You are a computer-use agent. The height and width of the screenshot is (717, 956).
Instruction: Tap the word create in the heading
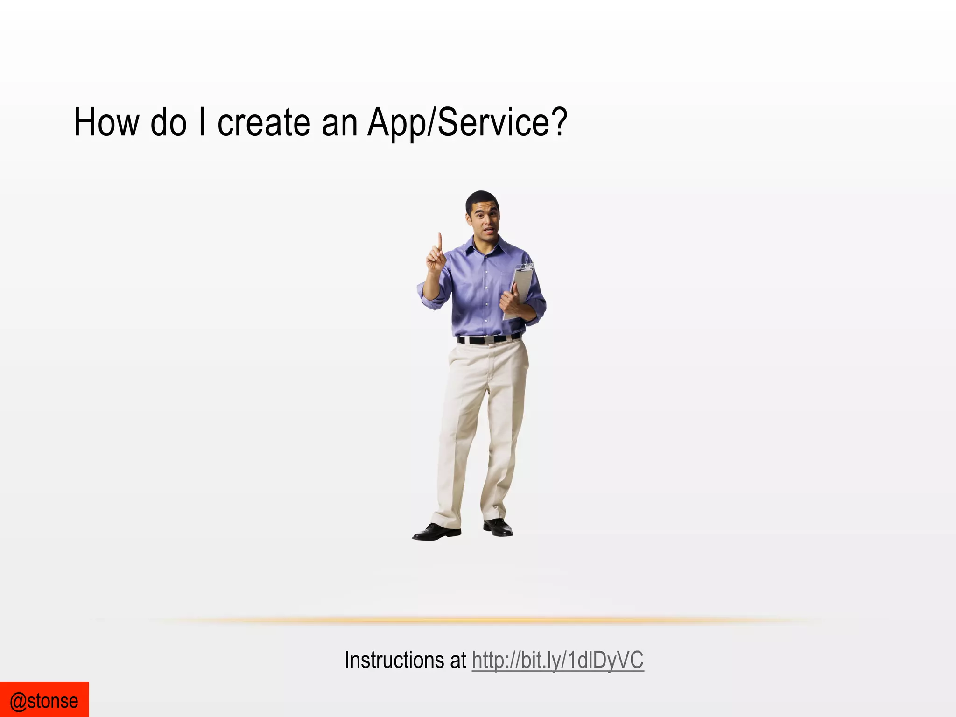264,122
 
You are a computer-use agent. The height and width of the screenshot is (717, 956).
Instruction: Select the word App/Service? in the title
467,122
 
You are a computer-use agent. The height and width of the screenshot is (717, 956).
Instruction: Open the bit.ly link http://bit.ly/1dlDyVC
558,660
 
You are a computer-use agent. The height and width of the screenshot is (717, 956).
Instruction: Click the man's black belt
488,339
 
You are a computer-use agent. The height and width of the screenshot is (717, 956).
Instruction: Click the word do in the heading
169,122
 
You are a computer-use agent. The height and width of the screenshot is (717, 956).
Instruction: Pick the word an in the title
339,122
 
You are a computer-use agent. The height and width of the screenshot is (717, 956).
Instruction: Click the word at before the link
458,660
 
